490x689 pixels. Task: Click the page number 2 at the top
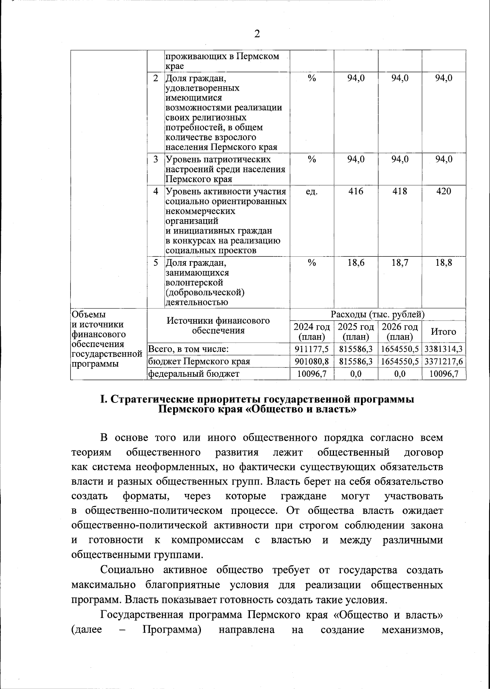[257, 34]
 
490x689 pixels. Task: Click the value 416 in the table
[356, 191]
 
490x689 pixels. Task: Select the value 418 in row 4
[399, 191]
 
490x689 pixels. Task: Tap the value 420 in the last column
[443, 191]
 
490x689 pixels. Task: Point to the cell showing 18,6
[356, 263]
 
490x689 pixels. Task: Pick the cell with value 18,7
[399, 263]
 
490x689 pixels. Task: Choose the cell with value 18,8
[443, 263]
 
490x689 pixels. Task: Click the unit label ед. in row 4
[312, 191]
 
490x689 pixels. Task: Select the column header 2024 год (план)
[312, 332]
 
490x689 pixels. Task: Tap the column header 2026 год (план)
[400, 332]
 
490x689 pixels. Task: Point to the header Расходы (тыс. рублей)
[378, 315]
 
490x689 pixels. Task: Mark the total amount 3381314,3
[443, 349]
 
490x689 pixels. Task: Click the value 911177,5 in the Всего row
[312, 349]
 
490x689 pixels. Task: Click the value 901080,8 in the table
[312, 362]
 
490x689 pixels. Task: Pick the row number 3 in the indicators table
[156, 159]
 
